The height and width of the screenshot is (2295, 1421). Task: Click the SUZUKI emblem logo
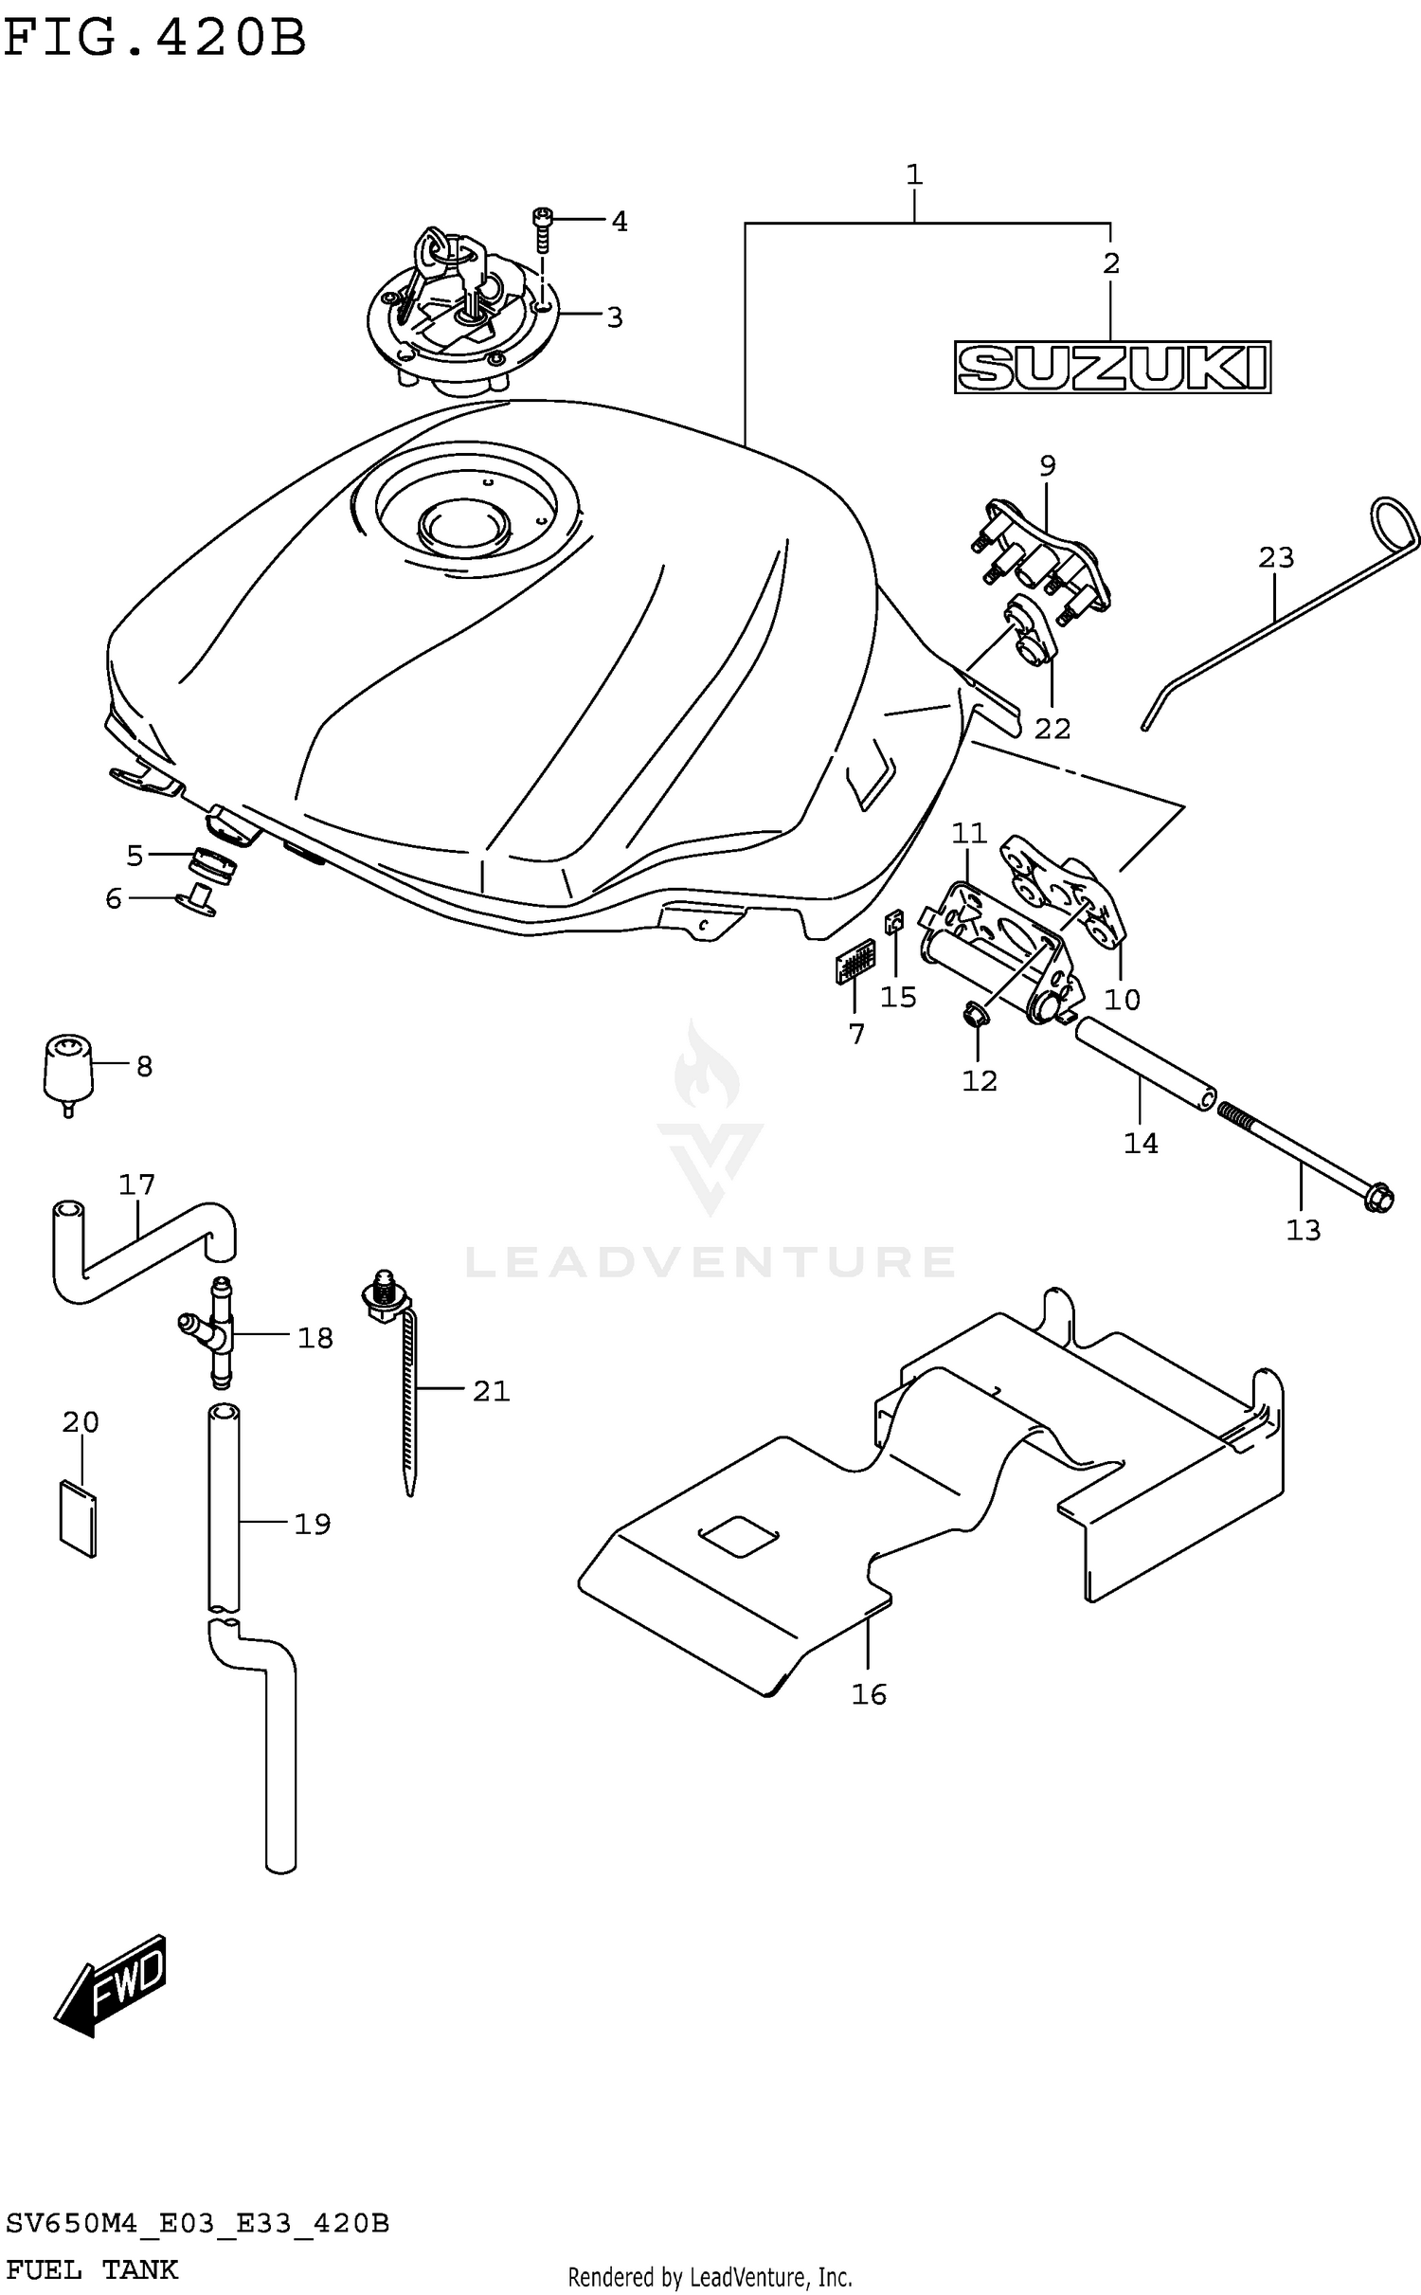coord(1111,367)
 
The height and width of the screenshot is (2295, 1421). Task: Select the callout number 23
coord(1275,558)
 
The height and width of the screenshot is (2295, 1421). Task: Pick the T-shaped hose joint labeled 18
coord(215,1331)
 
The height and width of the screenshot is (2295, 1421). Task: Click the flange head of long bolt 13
coord(1379,1200)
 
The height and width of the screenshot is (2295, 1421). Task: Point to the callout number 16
coord(869,1693)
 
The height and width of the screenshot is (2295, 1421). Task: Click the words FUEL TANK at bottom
coord(91,2269)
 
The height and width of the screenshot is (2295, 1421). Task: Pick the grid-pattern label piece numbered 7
coord(854,965)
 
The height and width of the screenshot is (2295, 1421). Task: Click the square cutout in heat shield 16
coord(738,1535)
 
